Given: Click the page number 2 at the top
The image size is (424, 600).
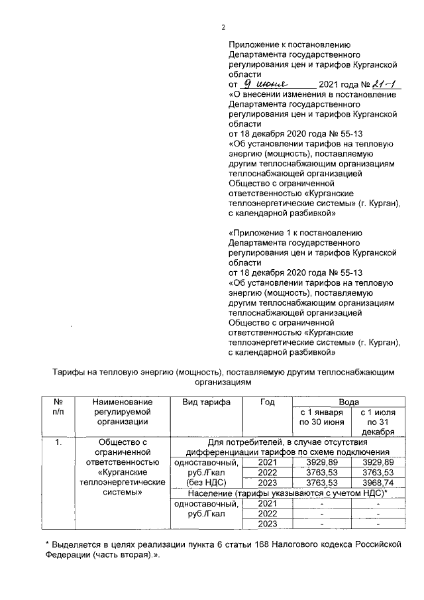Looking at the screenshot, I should [x=223, y=27].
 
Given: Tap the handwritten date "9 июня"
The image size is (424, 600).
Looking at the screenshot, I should [x=272, y=84].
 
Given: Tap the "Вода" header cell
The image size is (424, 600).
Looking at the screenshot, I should [x=348, y=402].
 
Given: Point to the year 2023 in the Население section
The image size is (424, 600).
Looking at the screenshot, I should [x=267, y=524].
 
